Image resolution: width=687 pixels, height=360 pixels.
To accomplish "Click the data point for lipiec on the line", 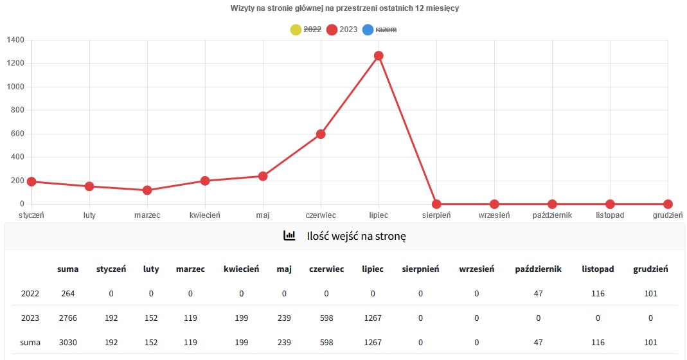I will point(379,56).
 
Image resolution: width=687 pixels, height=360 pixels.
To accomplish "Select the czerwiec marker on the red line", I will point(321,134).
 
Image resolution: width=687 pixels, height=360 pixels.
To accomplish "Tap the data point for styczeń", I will point(31,182).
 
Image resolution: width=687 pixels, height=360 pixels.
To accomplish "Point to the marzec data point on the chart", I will point(147,190).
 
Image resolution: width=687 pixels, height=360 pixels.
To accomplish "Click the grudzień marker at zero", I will point(668,204).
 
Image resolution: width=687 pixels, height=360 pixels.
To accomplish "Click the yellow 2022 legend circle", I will point(296,30).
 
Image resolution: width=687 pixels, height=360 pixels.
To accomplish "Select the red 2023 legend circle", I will point(332,30).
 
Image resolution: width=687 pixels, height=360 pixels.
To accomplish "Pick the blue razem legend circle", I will point(368,30).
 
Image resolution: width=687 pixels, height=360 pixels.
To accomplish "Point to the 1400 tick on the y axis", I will point(15,40).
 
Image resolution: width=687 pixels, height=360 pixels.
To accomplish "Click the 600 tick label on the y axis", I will point(17,134).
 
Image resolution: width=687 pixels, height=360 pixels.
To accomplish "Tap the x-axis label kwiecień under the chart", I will point(205,215).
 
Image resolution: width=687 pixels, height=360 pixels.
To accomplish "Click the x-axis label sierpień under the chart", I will point(436,215).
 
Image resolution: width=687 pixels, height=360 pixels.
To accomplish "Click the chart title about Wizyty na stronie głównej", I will point(344,8).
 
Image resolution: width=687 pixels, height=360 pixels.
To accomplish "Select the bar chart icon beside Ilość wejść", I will point(289,236).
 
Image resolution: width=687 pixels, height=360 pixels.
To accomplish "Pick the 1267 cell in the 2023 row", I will point(372,318).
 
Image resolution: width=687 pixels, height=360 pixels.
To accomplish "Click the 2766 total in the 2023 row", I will point(67,318).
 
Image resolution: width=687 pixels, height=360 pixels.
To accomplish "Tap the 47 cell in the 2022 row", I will point(538,294).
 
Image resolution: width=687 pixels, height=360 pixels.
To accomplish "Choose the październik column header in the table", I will point(538,269).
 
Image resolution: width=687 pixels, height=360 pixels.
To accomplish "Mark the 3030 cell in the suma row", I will point(67,342).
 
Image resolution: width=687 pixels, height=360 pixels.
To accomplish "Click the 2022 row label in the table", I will point(30,294).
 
